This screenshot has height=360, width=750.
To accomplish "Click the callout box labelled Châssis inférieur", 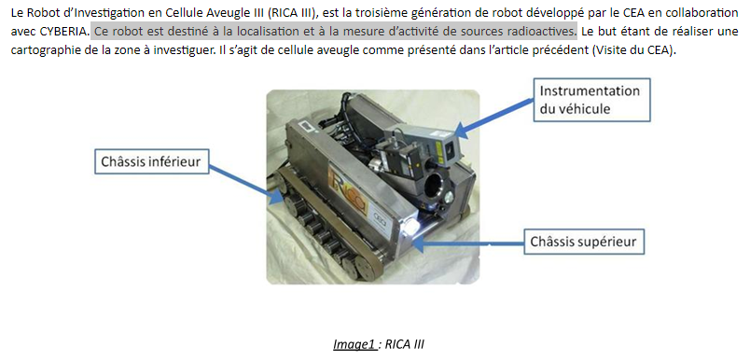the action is coord(152,162).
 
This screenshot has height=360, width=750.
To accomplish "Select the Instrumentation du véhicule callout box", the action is coord(592,100).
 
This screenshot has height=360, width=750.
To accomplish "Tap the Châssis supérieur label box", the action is coord(584,242).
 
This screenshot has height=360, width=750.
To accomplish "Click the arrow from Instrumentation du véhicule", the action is coord(493,116).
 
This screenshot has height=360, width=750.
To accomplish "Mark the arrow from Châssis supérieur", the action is coord(467,242).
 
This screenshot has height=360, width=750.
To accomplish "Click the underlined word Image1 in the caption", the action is coord(354,345).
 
